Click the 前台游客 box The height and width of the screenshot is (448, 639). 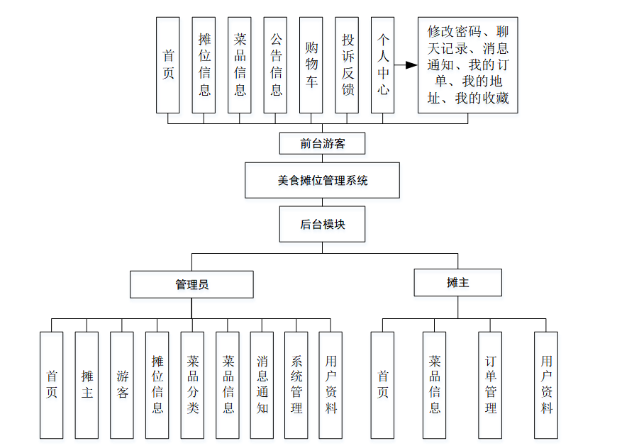[322, 143]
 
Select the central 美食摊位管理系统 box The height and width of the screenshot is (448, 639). [322, 180]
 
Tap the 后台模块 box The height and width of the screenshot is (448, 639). [322, 224]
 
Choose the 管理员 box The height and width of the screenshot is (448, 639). [191, 284]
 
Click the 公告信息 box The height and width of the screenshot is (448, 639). [275, 65]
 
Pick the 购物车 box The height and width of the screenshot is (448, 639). [311, 65]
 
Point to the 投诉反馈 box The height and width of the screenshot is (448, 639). [347, 65]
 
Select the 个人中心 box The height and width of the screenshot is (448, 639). [382, 65]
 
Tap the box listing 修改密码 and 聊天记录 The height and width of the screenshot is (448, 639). [467, 65]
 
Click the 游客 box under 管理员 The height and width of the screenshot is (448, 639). [122, 385]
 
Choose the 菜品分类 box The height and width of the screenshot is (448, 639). [192, 385]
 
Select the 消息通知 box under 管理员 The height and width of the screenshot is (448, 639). [262, 385]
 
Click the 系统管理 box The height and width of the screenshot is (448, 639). [296, 385]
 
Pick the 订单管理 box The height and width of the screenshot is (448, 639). [489, 385]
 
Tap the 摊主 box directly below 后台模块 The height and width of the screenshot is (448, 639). [457, 282]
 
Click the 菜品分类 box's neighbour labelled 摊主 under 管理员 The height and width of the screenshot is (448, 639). [87, 385]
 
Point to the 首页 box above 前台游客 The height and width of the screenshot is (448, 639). [168, 65]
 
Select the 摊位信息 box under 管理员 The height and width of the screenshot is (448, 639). [157, 385]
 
